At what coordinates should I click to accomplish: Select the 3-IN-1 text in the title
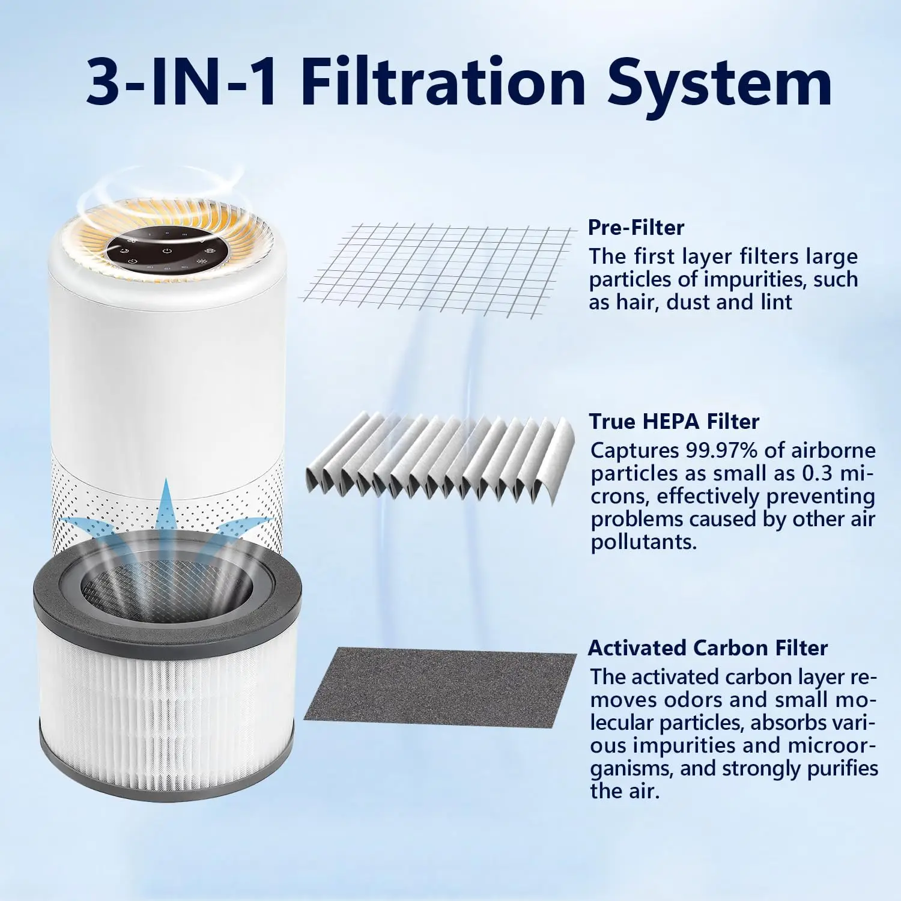coord(182,82)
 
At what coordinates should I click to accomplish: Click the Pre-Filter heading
coord(636,227)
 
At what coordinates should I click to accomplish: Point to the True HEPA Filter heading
coord(674,421)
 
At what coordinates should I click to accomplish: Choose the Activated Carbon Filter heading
coord(708,648)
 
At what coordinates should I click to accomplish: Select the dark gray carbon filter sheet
coord(440,688)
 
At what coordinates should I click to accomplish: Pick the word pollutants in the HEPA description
coord(644,542)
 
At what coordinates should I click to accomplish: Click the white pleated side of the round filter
coord(166,721)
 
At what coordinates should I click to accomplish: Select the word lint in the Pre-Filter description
coord(776,302)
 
